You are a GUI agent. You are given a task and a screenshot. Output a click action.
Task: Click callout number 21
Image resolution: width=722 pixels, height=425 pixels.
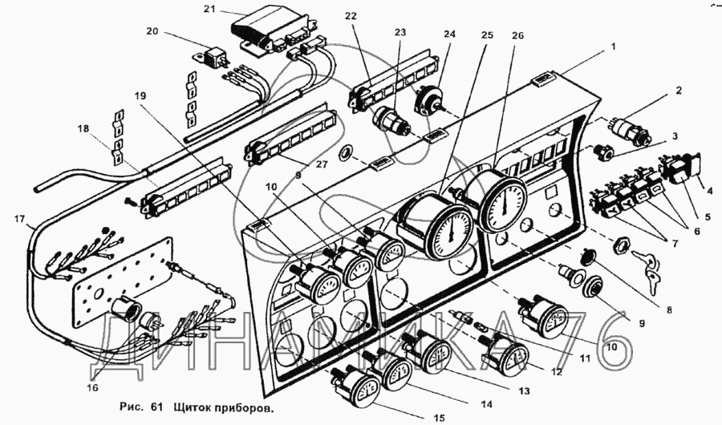(210, 9)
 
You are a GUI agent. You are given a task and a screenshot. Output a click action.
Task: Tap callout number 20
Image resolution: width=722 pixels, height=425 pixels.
(152, 32)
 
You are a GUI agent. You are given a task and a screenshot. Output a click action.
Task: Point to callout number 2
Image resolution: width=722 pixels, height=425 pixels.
(678, 91)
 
